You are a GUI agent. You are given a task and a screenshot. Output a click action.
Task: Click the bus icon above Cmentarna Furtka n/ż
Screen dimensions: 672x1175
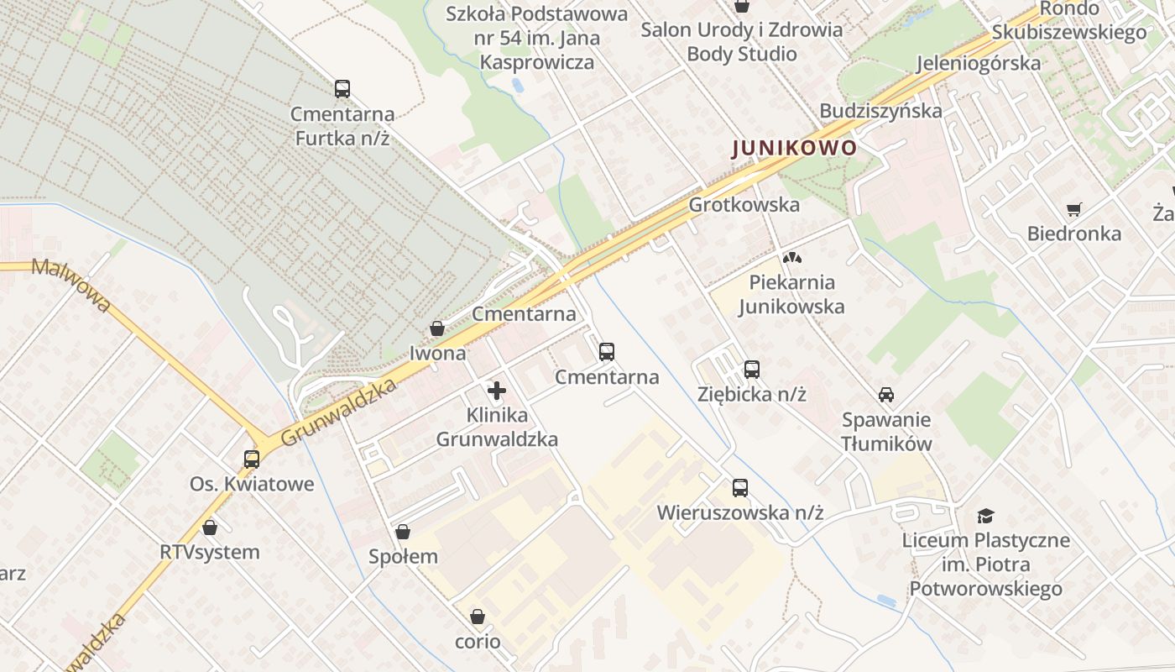point(342,89)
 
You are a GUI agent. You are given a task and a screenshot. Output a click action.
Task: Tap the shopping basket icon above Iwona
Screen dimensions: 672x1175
point(437,328)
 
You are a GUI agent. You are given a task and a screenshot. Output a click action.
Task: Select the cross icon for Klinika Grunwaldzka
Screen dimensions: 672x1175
point(497,391)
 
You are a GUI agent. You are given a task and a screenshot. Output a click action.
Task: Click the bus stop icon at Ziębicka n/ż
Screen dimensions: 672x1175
point(752,369)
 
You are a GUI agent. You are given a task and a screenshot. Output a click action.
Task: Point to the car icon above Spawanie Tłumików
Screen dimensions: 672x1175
point(885,394)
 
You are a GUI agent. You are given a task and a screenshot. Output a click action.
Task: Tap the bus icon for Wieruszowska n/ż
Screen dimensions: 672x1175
point(739,488)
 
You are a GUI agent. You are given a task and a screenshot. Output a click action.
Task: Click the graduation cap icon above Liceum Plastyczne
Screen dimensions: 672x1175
point(985,516)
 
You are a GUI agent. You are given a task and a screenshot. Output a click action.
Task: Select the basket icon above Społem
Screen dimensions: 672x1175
point(403,532)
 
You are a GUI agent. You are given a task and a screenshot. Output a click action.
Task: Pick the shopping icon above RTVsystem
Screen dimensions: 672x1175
point(210,528)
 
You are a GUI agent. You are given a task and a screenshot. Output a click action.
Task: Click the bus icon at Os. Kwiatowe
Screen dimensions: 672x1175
point(252,459)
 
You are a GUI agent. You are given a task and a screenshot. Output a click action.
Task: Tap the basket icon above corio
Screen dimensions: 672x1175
point(478,617)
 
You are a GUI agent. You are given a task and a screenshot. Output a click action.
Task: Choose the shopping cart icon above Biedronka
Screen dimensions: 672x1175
point(1073,209)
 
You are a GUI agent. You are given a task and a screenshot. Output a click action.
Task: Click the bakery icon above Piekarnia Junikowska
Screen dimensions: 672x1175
point(791,258)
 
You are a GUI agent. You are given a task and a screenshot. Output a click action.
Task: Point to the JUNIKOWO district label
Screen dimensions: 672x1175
point(795,149)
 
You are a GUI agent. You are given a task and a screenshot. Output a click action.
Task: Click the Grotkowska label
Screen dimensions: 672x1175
point(744,205)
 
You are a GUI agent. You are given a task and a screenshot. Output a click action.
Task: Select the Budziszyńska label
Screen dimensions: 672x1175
point(880,111)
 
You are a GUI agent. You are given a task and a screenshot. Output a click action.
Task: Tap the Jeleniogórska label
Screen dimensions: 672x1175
point(979,63)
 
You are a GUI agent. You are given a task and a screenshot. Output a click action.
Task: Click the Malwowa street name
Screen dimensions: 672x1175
point(70,285)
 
